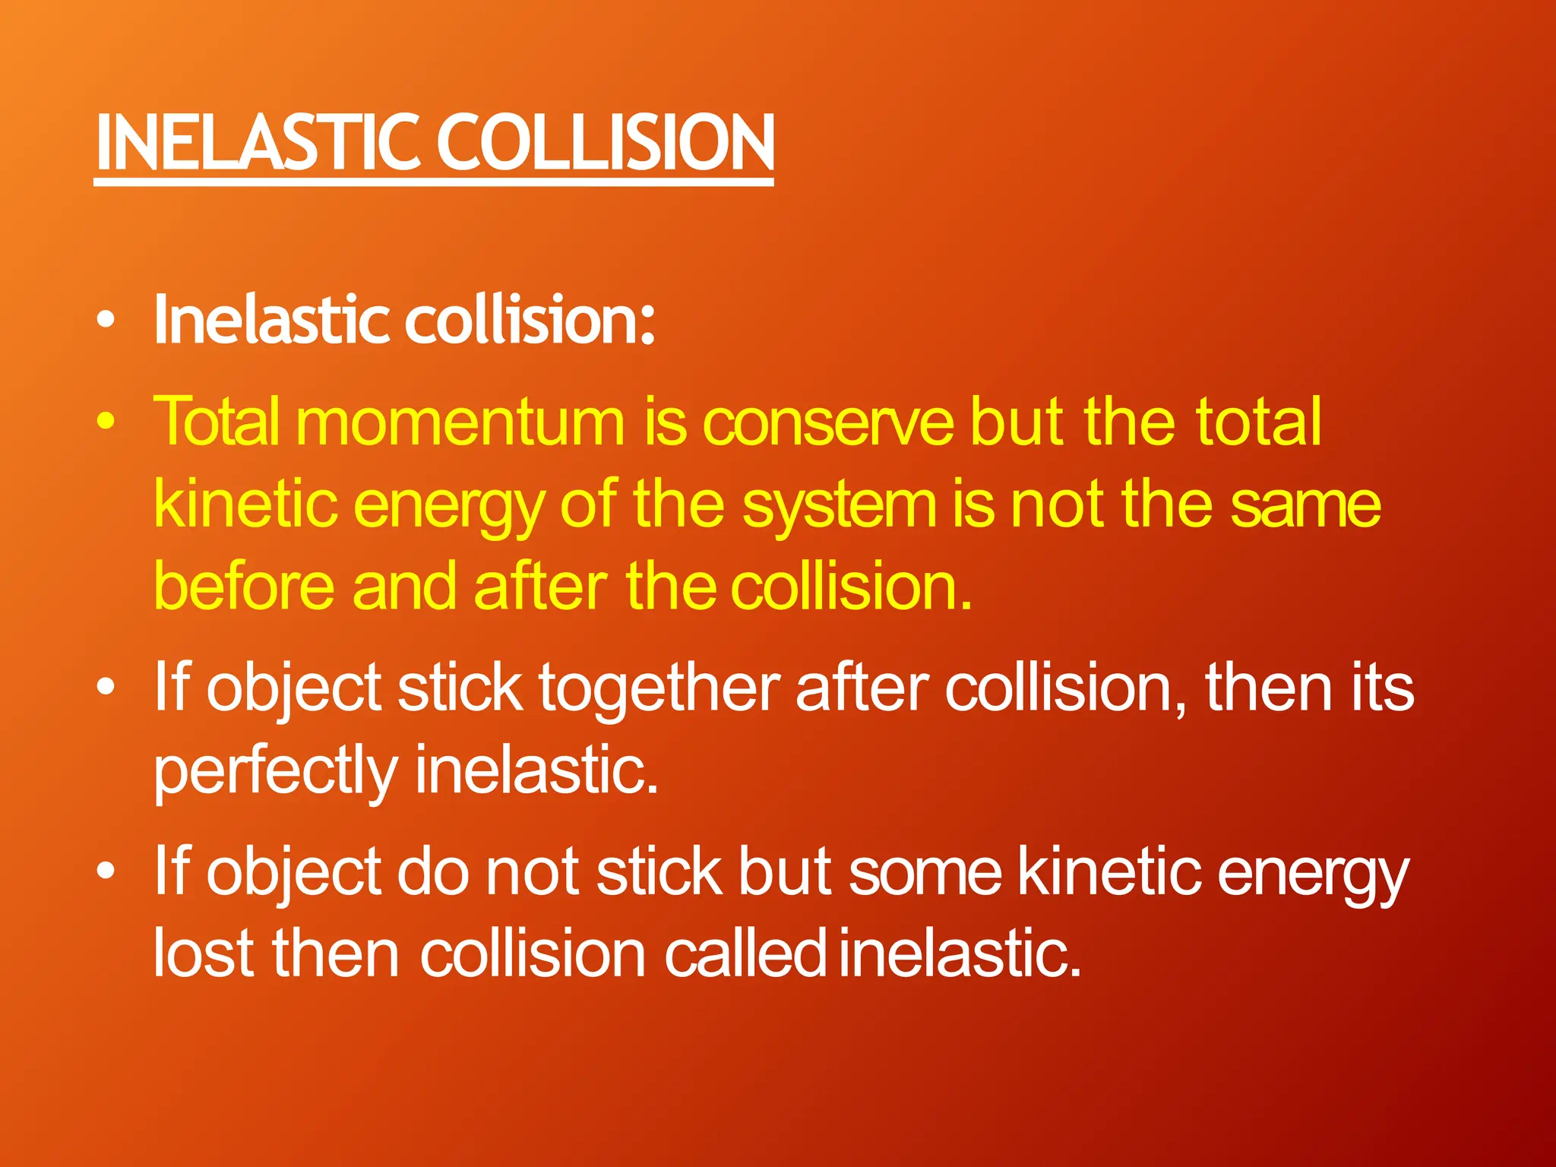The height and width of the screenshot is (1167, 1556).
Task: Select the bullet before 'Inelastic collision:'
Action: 107,319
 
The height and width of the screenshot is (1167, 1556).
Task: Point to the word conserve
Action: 828,423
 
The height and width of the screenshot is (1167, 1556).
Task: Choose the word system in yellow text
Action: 840,506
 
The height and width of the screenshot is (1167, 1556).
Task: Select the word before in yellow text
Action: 244,587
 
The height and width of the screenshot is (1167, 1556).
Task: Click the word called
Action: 745,954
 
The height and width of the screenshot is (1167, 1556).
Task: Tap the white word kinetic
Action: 1109,871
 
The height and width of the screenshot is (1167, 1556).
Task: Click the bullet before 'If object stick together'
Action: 107,687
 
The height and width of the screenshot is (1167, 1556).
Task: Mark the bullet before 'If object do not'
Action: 107,871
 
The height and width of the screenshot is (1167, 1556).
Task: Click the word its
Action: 1382,688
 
